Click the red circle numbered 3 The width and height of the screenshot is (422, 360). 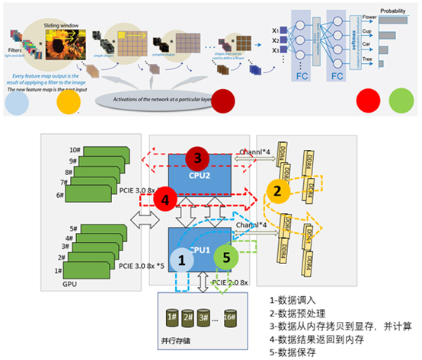coord(197,159)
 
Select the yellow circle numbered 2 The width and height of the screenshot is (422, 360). coord(279,190)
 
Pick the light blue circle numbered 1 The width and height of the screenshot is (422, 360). coord(182,260)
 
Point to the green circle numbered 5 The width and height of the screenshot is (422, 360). coord(225,258)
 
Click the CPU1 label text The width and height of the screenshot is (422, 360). coord(199,248)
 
